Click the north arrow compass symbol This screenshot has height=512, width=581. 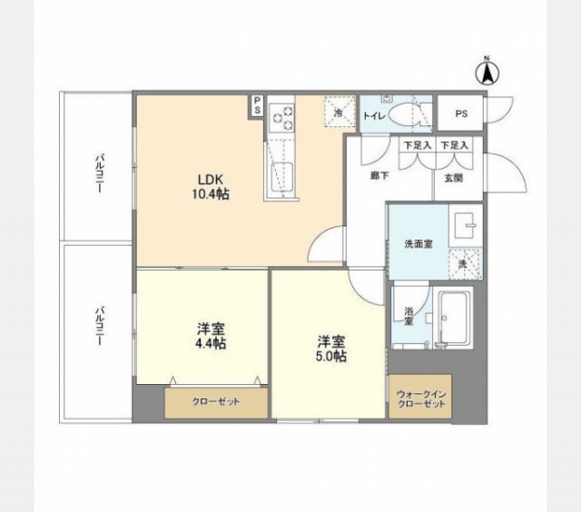[487, 72]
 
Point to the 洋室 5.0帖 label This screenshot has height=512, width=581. [330, 349]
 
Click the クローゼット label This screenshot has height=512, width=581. [215, 401]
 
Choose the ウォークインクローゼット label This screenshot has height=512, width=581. [421, 399]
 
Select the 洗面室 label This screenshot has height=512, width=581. [418, 243]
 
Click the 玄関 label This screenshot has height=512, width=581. [453, 179]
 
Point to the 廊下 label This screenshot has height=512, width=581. [368, 179]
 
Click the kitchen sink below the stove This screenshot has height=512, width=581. [280, 178]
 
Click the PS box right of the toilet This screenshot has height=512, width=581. [461, 114]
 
